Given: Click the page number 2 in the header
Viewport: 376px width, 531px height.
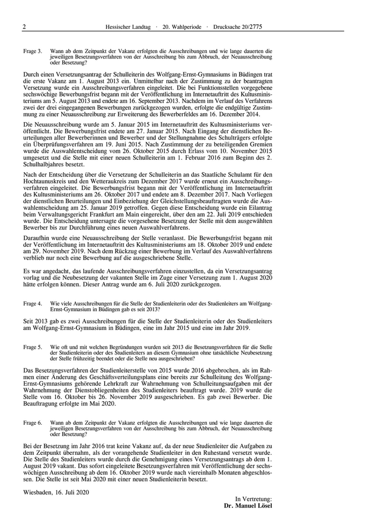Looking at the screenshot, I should pyautogui.click(x=24, y=26).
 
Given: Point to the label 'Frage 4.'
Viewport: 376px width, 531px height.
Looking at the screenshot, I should pyautogui.click(x=32, y=303).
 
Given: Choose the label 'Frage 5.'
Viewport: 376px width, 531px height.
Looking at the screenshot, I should pyautogui.click(x=32, y=348).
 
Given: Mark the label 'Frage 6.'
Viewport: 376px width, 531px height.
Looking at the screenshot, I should pyautogui.click(x=32, y=422).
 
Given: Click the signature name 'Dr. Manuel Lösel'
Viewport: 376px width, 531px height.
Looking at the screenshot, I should pyautogui.click(x=248, y=506).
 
